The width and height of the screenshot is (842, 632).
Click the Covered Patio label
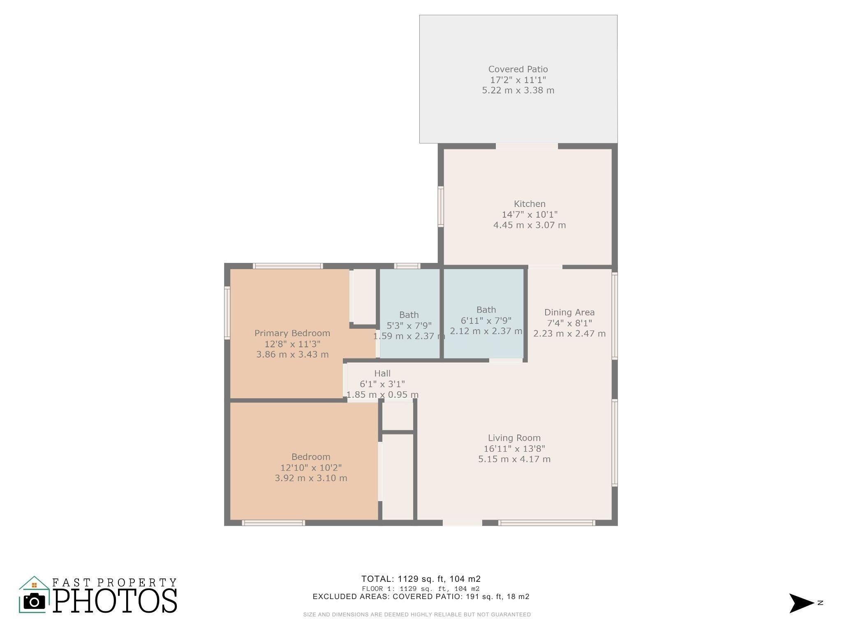coord(518,69)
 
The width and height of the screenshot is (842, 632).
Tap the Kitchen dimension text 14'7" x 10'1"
coord(530,214)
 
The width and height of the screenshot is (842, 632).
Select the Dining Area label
coord(569,312)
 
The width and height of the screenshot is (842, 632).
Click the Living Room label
coord(514,438)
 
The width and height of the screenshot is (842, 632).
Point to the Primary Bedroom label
coord(292,333)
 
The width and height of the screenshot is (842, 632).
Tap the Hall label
coord(382,373)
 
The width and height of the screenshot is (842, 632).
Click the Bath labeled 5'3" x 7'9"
coord(409,315)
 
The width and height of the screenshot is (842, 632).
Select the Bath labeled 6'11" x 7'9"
coord(486,309)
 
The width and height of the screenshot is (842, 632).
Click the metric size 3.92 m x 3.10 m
coord(311,478)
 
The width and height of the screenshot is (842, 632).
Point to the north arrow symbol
coord(801,603)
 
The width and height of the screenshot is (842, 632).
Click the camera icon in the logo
coord(34,602)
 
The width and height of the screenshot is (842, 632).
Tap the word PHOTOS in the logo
coord(115,601)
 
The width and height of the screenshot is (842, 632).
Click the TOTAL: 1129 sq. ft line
coord(421,579)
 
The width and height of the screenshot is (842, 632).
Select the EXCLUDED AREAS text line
coord(421,597)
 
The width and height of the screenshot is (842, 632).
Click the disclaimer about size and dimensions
coord(417,615)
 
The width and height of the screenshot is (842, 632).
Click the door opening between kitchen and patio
coord(527,146)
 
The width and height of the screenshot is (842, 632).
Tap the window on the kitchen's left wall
coord(441,207)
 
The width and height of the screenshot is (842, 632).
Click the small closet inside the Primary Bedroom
coord(364,296)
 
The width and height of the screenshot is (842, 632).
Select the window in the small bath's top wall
coord(407,266)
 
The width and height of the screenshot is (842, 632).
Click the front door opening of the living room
coord(462,523)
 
